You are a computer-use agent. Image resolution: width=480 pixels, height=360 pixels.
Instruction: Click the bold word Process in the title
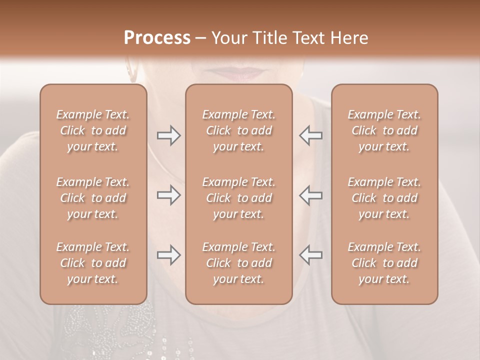(x=157, y=38)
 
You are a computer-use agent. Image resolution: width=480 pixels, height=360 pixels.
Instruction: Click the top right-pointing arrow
(x=168, y=135)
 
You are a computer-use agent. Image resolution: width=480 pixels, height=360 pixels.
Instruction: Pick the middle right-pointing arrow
(x=168, y=195)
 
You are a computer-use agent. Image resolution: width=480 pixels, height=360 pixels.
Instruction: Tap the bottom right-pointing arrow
(x=168, y=255)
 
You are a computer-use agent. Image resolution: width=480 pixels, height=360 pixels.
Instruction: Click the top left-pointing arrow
(x=311, y=135)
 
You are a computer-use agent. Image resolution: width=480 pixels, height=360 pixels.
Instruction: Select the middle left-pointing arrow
(x=311, y=195)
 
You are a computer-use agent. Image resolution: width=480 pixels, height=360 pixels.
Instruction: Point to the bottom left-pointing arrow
(x=311, y=255)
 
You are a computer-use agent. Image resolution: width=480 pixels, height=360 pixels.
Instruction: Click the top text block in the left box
(x=93, y=130)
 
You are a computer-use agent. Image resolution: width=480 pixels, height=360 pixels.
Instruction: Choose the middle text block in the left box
(x=93, y=198)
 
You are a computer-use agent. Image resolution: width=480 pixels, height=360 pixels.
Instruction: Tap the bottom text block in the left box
(x=93, y=263)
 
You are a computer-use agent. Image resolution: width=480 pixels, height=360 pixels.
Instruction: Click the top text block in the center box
(x=238, y=130)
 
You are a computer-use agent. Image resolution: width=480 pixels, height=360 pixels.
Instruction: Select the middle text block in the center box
(x=238, y=198)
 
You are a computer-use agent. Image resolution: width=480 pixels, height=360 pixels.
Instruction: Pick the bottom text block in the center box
(x=238, y=263)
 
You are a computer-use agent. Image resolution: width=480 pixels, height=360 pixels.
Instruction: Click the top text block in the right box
(x=384, y=130)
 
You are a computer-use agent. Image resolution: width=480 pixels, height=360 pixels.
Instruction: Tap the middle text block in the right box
(x=384, y=198)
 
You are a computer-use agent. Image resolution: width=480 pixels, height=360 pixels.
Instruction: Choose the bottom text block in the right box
(x=384, y=263)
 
